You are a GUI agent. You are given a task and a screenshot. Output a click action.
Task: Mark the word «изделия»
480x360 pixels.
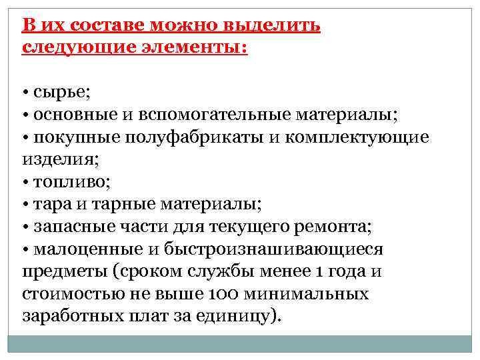pos(60,159)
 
